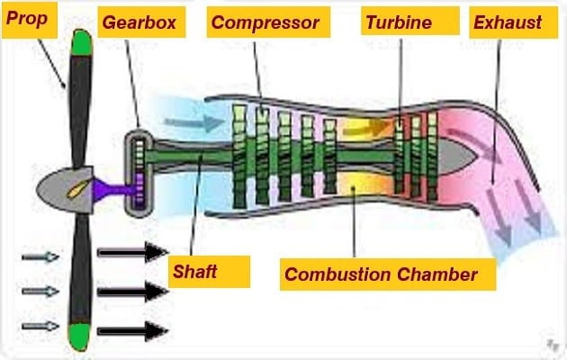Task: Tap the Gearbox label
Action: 140,22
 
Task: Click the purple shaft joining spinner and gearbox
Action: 109,188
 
